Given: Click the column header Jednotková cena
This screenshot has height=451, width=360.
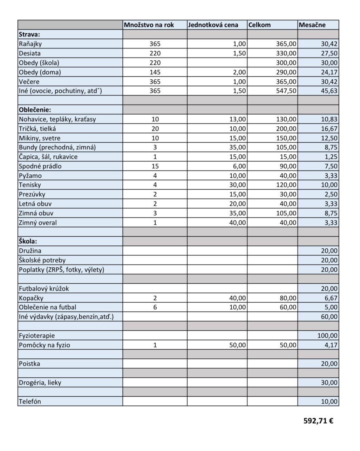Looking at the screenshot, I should click(213, 25).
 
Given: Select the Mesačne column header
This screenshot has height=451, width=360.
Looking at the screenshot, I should click(312, 25).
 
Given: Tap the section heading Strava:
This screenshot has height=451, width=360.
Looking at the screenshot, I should click(29, 34).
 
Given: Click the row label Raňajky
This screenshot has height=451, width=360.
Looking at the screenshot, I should click(30, 44).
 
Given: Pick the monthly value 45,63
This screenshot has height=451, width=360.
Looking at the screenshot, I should click(329, 91).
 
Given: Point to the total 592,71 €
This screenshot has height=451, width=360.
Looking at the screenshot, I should click(318, 420).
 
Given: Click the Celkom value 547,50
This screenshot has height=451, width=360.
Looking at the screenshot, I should click(286, 91).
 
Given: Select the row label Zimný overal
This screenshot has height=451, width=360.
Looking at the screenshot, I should click(38, 223).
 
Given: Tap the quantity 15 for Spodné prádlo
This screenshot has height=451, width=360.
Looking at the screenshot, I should click(155, 166).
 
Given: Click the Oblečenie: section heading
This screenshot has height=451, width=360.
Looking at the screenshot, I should click(34, 110).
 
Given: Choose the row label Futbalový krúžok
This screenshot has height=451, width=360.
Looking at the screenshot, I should click(44, 289).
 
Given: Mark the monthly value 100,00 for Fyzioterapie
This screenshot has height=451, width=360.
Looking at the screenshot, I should click(327, 336).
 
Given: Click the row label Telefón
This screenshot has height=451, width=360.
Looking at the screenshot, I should click(30, 402).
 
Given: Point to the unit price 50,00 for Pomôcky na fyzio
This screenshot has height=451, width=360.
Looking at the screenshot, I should click(237, 345).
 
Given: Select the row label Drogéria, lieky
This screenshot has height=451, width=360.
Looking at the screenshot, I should click(40, 383).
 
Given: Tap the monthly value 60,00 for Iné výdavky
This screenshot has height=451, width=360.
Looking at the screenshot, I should click(329, 317).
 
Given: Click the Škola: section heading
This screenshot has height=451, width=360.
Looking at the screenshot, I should click(28, 241).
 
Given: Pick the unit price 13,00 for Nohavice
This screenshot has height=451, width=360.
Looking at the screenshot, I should click(237, 119).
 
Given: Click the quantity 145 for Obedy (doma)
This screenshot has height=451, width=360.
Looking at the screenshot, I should click(155, 72).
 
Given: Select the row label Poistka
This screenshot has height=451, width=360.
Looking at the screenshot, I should click(29, 364).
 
